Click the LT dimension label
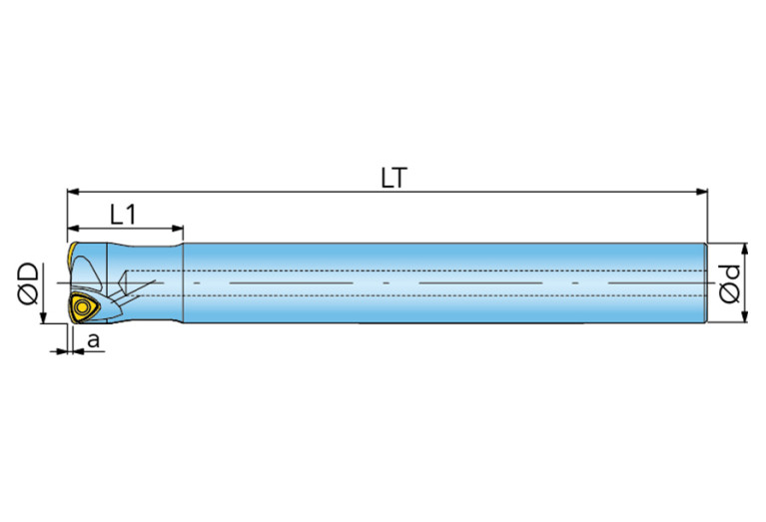393,178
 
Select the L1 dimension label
123,215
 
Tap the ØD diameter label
28,283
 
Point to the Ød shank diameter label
730,284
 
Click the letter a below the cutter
93,339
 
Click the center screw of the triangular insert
82,307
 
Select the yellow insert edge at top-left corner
72,253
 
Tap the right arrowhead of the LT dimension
702,192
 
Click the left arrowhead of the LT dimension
73,192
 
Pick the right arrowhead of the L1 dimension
178,228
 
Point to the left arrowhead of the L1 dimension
73,228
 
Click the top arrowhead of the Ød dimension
744,249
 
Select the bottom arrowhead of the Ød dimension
744,317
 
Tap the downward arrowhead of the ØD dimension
44,317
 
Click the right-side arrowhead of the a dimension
78,350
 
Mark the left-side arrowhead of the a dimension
61,350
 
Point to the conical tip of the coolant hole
123,282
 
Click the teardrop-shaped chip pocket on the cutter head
88,272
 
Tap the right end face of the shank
706,282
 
